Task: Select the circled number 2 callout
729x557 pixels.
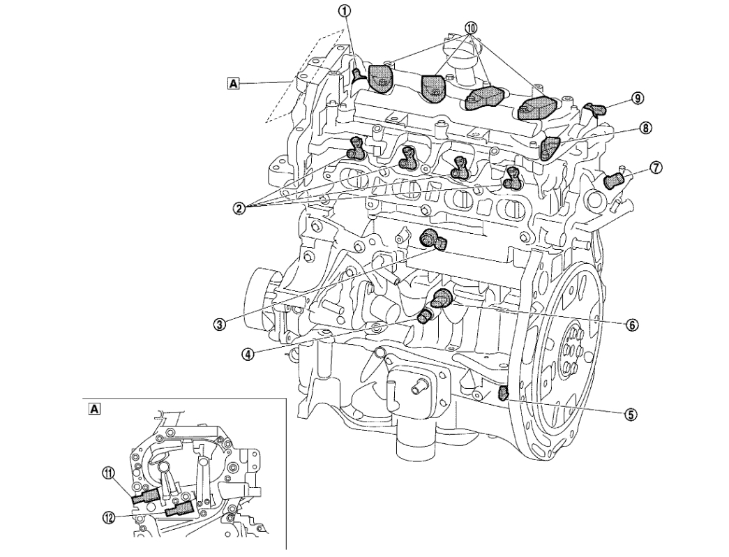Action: point(239,207)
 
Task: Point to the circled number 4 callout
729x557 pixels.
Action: point(247,353)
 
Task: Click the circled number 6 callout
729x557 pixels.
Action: point(631,325)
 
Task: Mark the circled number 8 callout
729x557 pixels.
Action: point(646,128)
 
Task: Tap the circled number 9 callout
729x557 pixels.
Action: point(637,98)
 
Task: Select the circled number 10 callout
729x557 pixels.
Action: point(472,28)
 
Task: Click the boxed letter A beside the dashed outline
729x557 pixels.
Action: point(233,84)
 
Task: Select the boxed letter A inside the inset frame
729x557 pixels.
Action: point(93,408)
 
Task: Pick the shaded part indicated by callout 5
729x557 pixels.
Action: point(504,394)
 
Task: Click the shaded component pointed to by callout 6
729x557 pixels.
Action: point(442,299)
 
